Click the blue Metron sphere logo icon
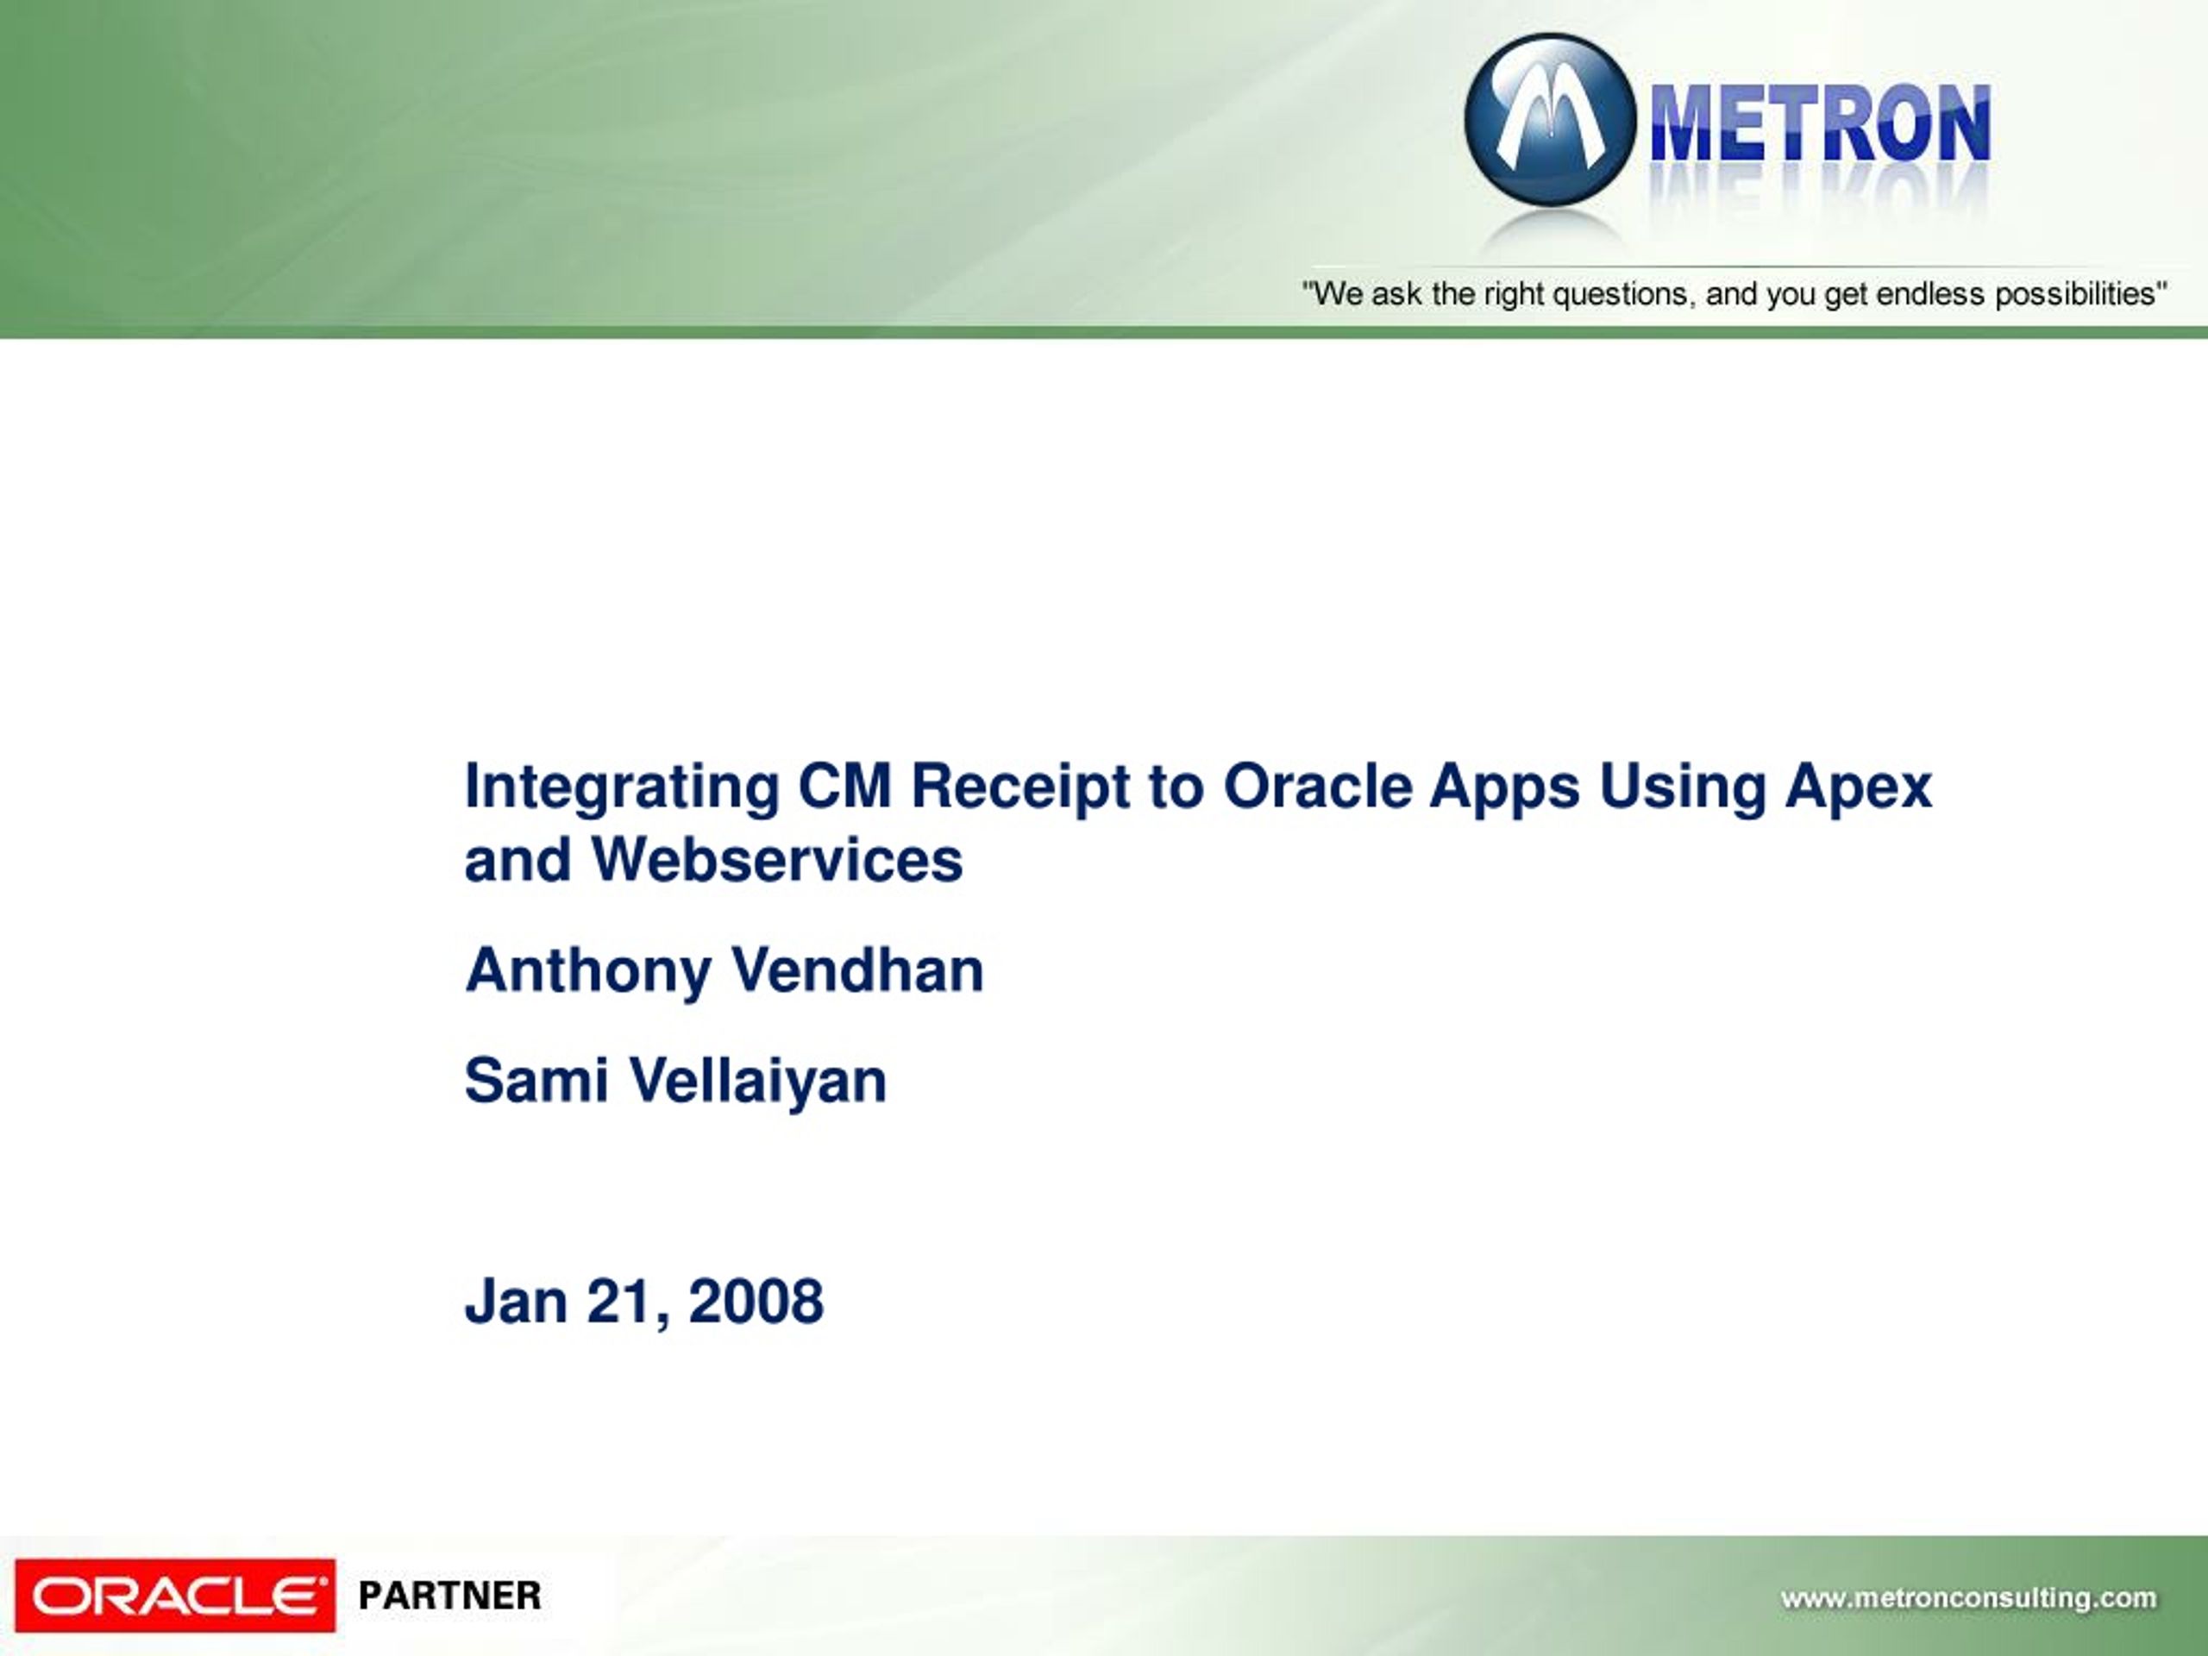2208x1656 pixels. point(1550,121)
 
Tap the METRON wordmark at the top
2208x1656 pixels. point(1821,124)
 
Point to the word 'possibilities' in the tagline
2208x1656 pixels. point(2079,294)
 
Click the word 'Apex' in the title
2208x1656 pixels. point(1859,788)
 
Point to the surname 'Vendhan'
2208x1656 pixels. point(856,970)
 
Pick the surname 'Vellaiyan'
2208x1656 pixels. point(757,1083)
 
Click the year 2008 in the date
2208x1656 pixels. point(756,1302)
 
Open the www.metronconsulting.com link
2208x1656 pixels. point(1968,1599)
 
